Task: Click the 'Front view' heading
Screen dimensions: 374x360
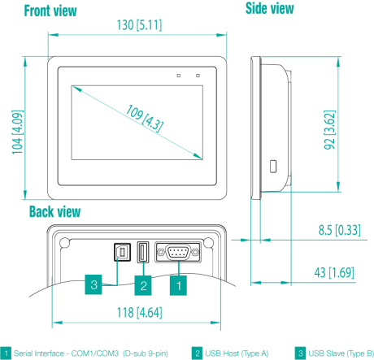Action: click(50, 11)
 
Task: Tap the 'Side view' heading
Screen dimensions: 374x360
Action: click(270, 8)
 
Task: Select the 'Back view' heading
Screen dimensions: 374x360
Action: click(55, 211)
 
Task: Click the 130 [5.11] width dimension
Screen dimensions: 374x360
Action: click(139, 25)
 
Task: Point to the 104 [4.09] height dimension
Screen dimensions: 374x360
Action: click(17, 132)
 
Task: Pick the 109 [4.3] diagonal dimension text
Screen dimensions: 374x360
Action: click(145, 119)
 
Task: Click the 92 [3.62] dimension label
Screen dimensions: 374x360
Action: click(329, 130)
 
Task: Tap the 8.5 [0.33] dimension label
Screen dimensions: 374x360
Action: click(339, 230)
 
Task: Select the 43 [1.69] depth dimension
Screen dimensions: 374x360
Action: click(334, 272)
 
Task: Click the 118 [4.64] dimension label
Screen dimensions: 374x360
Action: click(139, 313)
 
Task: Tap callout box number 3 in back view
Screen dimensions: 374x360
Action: click(93, 284)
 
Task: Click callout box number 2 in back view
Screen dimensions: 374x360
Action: click(143, 285)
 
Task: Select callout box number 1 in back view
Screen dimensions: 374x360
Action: click(178, 285)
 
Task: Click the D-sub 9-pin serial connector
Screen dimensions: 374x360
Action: click(178, 253)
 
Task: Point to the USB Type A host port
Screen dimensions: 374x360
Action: click(143, 252)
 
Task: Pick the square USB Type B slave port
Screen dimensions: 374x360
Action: click(122, 252)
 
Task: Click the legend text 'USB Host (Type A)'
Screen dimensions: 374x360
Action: click(237, 353)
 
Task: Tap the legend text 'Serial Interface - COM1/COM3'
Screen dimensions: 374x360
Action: click(67, 353)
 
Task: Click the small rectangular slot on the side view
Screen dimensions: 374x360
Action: click(273, 167)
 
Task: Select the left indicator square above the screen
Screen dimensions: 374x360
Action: click(178, 76)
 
